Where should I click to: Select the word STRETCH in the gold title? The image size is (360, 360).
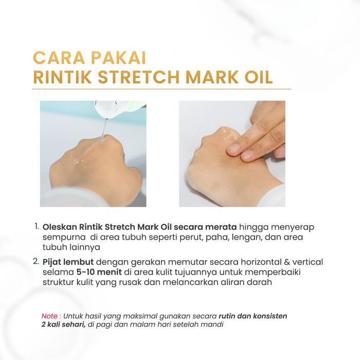pos(138,77)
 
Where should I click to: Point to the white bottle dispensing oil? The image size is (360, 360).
pos(119,109)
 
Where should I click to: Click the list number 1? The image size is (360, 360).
pos(37,227)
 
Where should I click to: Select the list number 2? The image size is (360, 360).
pos(37,261)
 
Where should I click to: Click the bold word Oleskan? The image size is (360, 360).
pos(60,227)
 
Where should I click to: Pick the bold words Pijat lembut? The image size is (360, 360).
pos(68,262)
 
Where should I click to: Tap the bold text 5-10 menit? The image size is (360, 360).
pos(99,272)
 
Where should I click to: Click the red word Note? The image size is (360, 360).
pos(49,316)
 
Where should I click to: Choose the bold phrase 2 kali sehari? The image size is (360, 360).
pos(64,325)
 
